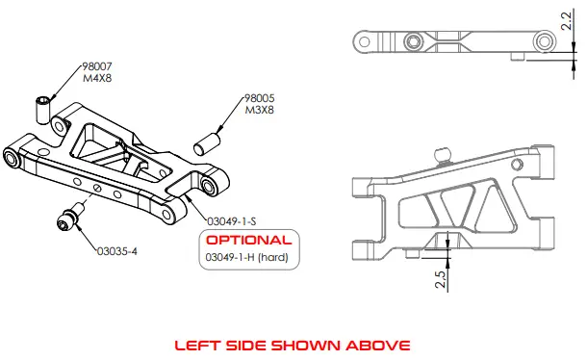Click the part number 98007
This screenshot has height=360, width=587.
[x=95, y=67]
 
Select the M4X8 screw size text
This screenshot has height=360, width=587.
[x=93, y=78]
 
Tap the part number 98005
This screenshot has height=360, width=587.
[x=261, y=98]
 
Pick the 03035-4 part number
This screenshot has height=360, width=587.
[x=116, y=252]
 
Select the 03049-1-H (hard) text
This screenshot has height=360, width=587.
[x=247, y=257]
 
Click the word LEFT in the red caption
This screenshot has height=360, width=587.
[x=194, y=344]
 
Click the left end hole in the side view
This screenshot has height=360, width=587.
[x=365, y=40]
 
